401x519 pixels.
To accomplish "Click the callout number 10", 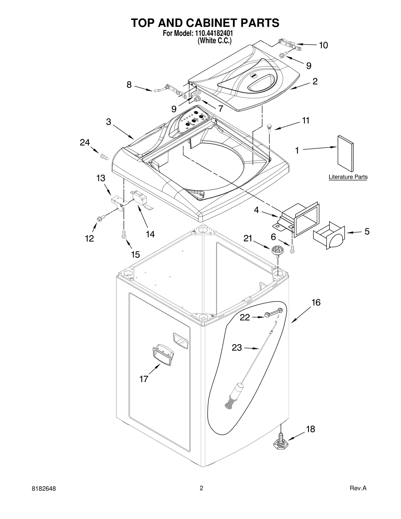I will pos(323,45).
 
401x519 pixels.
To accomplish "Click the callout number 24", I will pos(85,143).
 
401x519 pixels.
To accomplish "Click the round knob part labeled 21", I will pos(276,250).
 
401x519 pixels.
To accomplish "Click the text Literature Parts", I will pos(348,177).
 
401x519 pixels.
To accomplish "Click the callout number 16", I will pos(316,302).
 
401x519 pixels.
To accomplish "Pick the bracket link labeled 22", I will pos(273,313).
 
